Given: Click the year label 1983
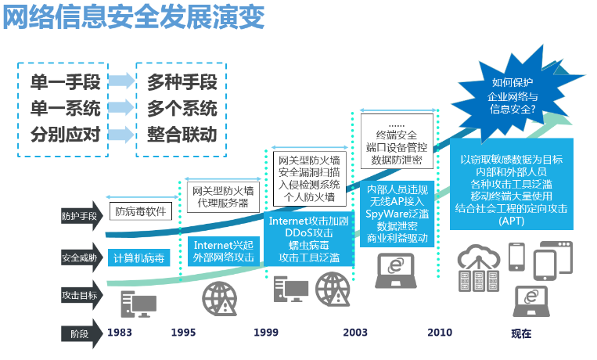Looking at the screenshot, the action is pyautogui.click(x=119, y=332).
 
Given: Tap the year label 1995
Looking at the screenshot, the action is pyautogui.click(x=183, y=332).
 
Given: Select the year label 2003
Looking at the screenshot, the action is pyautogui.click(x=355, y=332).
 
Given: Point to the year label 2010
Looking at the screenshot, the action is pyautogui.click(x=440, y=332).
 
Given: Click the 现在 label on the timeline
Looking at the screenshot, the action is pyautogui.click(x=521, y=333).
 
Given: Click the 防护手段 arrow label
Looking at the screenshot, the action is pyautogui.click(x=81, y=216).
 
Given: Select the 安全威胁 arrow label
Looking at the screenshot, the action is pyautogui.click(x=81, y=258).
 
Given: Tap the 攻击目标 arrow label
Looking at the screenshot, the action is pyautogui.click(x=81, y=295).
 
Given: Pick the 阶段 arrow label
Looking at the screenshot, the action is pyautogui.click(x=81, y=333).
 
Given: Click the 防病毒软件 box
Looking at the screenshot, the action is pyautogui.click(x=141, y=211).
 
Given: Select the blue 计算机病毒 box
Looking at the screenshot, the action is pyautogui.click(x=138, y=258).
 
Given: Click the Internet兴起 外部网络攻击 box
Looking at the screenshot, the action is pyautogui.click(x=224, y=251).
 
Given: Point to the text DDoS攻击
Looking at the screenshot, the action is pyautogui.click(x=309, y=232).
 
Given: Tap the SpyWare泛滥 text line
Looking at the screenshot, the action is pyautogui.click(x=397, y=214).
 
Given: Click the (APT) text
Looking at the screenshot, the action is pyautogui.click(x=512, y=221).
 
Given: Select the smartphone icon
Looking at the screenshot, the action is pyautogui.click(x=516, y=257).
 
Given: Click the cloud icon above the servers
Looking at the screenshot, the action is pyautogui.click(x=479, y=256).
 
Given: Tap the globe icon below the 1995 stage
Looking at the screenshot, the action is pyautogui.click(x=219, y=299).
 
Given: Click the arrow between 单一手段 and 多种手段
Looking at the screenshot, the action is pyautogui.click(x=121, y=81).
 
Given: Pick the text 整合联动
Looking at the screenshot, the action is pyautogui.click(x=182, y=135).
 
